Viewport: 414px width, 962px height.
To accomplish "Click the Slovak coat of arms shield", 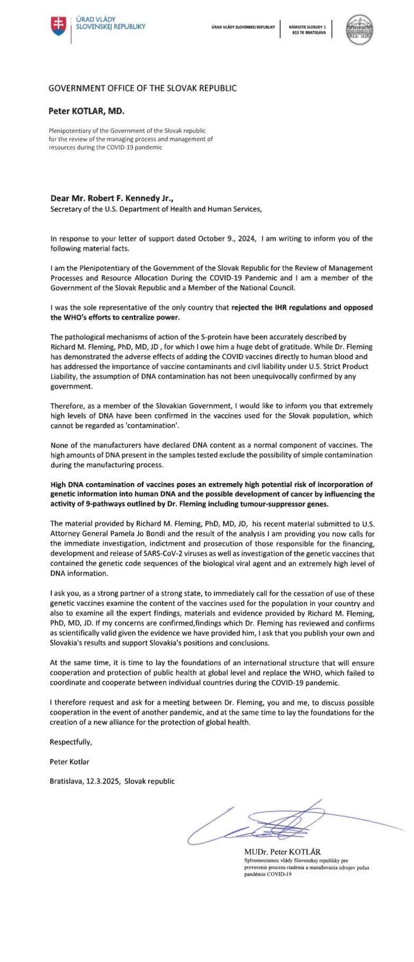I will point(58,25).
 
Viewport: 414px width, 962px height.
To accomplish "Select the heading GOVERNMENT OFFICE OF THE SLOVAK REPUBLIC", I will point(142,88).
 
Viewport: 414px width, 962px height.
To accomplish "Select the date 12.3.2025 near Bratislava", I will point(103,781).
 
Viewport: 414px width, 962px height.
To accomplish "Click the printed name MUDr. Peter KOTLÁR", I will point(282,852).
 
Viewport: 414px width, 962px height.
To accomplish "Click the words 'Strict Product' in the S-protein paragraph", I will point(344,367).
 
